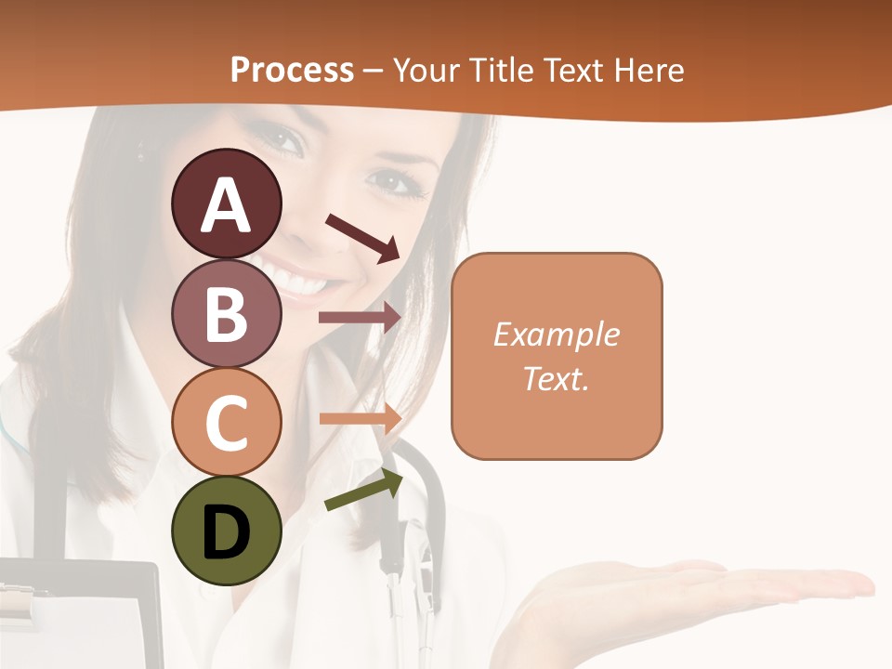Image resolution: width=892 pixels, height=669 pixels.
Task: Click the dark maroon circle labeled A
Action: tap(227, 203)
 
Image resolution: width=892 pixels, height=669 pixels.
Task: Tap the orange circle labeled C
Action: tap(227, 422)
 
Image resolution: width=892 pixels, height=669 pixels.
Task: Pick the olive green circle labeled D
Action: tap(227, 531)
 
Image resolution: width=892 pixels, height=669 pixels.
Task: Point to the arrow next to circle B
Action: tap(360, 317)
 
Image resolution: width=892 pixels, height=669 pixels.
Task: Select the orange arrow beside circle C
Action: tap(360, 418)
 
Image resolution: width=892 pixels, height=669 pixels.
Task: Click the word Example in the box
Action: tap(556, 334)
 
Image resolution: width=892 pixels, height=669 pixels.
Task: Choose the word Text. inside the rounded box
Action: tap(556, 378)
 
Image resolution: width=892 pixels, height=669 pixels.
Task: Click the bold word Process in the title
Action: tap(292, 70)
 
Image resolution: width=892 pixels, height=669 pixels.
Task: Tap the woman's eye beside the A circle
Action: tap(289, 139)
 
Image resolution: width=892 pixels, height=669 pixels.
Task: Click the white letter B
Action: tap(227, 313)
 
